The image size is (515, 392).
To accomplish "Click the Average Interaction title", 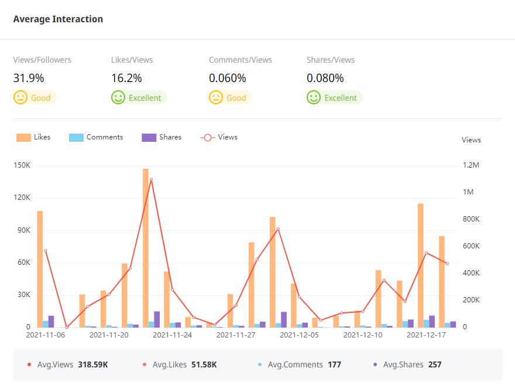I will [x=58, y=19].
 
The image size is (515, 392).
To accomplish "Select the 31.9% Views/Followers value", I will [x=29, y=78].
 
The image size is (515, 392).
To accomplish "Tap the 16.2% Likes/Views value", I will [x=126, y=78].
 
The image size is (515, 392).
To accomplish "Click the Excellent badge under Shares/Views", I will [x=334, y=98].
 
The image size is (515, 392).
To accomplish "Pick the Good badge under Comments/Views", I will [x=230, y=98].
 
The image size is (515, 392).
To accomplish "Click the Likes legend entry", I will [x=33, y=137].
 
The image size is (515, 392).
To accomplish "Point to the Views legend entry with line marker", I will [x=219, y=137].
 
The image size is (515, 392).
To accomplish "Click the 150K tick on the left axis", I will [x=22, y=165].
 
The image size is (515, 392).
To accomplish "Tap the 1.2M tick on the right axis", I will [x=471, y=165].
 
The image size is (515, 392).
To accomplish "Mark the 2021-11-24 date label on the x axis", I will [x=172, y=335].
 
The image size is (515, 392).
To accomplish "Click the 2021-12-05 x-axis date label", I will [x=299, y=335].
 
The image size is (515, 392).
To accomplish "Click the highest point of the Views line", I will [x=151, y=179].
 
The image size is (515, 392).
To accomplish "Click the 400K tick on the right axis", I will [x=471, y=273].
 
